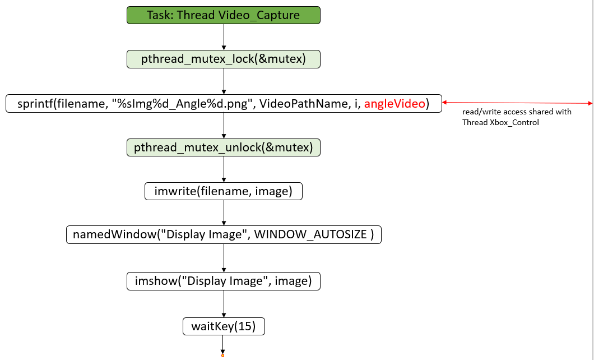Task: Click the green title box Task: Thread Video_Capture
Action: click(224, 15)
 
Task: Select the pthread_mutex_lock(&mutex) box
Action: click(224, 59)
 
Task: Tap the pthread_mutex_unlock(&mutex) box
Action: click(224, 147)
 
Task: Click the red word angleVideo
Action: click(395, 104)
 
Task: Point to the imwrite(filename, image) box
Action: click(224, 191)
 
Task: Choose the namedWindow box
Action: click(224, 234)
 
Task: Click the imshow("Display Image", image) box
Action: click(224, 281)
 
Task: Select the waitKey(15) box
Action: click(224, 326)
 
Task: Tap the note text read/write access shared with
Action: click(517, 112)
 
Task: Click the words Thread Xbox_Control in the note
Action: click(500, 122)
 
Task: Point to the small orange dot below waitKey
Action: click(223, 356)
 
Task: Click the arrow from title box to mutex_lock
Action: click(224, 37)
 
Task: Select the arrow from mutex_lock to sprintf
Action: click(224, 81)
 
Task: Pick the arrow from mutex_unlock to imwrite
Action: click(224, 169)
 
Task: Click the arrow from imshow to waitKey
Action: click(224, 303)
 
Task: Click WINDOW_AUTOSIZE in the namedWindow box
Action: click(311, 234)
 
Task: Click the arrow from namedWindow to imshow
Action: click(224, 257)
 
